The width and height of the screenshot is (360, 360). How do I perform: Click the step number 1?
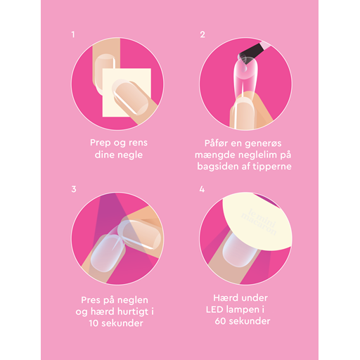click(x=73, y=34)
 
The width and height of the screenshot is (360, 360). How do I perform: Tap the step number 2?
click(x=202, y=34)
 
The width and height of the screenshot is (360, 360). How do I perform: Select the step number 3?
click(x=74, y=189)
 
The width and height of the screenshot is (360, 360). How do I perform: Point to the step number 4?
click(x=202, y=189)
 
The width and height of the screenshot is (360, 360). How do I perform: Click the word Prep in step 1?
click(x=101, y=143)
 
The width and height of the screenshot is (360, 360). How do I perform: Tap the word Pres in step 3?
click(x=91, y=300)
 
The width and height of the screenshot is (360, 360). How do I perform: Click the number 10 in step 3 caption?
click(x=94, y=323)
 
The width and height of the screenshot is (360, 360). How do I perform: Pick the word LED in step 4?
click(x=214, y=309)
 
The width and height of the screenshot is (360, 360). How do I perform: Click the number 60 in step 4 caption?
click(x=221, y=321)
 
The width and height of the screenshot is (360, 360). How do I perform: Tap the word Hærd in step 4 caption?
click(x=224, y=298)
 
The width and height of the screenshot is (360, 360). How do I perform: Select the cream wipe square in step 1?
click(x=127, y=92)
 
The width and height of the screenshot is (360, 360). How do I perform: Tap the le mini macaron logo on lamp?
click(x=259, y=221)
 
